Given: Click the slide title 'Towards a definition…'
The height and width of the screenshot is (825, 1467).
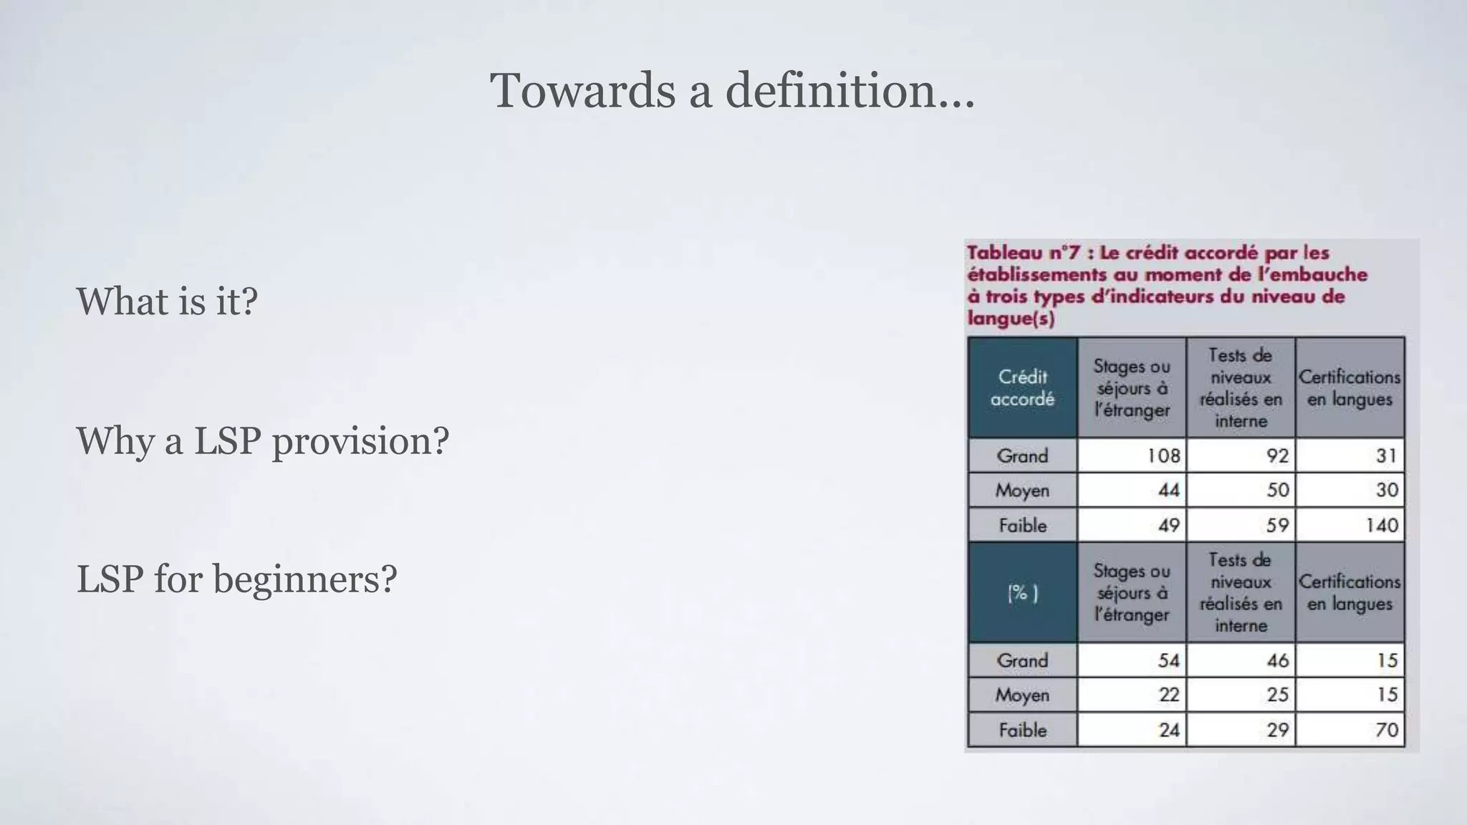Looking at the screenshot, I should point(732,91).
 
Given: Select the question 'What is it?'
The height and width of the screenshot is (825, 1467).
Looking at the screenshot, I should point(167,301).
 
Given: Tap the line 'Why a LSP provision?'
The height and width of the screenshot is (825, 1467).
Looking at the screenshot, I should point(262,440).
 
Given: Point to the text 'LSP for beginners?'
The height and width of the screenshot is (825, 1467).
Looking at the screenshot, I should point(236,579).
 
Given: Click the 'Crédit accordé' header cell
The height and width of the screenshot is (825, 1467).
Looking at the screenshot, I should point(1022,388).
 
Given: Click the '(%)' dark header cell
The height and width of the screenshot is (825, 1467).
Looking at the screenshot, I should point(1022,593).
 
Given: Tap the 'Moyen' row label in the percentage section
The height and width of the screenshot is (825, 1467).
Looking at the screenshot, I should point(1022,695).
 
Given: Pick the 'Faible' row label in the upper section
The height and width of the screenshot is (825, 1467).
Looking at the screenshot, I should point(1022,525).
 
